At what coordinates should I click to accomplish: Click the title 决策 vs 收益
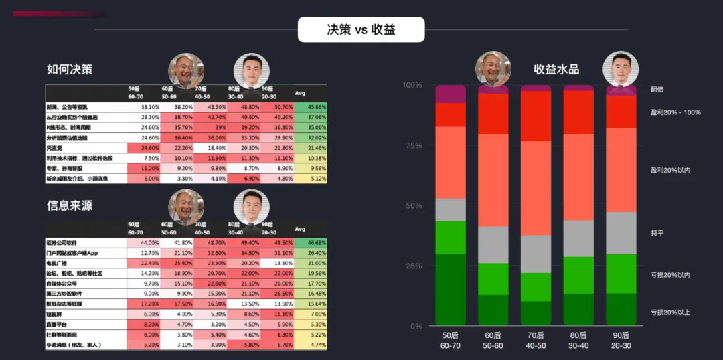pos(361,30)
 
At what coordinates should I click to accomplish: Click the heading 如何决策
pos(70,70)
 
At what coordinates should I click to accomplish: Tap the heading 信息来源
pos(70,206)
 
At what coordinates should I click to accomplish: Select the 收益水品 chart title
pos(556,69)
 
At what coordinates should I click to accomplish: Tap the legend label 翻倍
pos(657,89)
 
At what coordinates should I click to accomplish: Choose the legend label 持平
pos(657,233)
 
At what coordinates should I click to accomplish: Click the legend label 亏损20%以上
pos(669,312)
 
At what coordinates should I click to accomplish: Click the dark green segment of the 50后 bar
pos(451,289)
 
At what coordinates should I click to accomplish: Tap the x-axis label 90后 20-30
pos(621,341)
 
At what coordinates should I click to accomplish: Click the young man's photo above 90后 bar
pos(621,70)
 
